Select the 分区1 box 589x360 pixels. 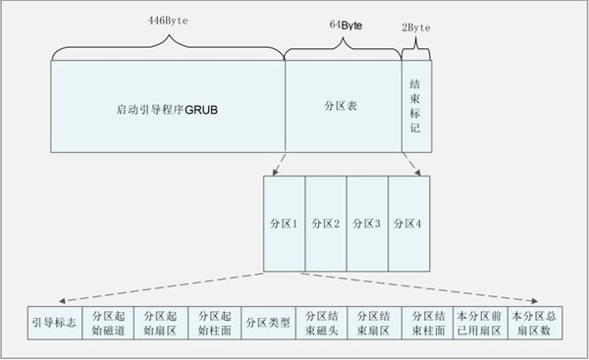click(x=285, y=224)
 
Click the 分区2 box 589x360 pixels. click(x=326, y=224)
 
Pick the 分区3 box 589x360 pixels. click(x=367, y=224)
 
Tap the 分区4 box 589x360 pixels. click(x=409, y=224)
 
